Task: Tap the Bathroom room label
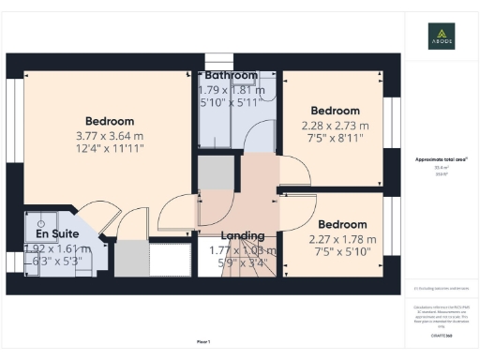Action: (x=232, y=75)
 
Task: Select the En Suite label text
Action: (x=57, y=233)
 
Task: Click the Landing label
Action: (x=242, y=235)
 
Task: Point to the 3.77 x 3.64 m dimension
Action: (x=110, y=136)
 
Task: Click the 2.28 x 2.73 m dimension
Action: (x=335, y=125)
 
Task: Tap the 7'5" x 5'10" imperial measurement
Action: (x=342, y=251)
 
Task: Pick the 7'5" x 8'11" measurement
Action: (x=335, y=139)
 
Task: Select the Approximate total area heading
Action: (x=435, y=160)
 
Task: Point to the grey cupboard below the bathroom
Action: (x=214, y=173)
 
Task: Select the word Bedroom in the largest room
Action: (x=110, y=121)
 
